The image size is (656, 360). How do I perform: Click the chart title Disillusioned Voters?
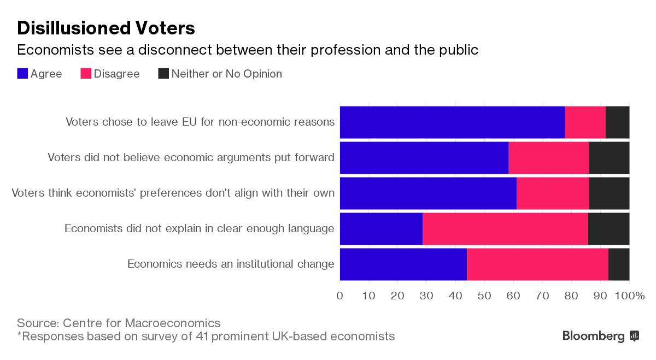click(106, 28)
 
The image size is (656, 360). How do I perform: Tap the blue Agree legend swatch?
click(22, 74)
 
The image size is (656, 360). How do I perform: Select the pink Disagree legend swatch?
click(86, 74)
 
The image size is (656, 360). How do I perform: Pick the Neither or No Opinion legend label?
click(226, 74)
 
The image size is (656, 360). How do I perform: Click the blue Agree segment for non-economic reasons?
click(452, 122)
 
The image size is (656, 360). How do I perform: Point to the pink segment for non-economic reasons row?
click(585, 122)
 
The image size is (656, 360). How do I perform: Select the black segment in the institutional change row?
click(619, 264)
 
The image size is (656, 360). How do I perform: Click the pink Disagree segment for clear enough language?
click(505, 229)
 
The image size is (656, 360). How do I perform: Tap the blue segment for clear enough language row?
click(381, 229)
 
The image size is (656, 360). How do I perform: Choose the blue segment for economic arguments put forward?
click(424, 158)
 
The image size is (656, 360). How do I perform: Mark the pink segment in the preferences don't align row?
click(553, 193)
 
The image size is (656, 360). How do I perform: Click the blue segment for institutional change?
click(403, 264)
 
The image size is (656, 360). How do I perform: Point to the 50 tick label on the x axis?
click(484, 296)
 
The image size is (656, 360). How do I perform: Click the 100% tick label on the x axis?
click(630, 296)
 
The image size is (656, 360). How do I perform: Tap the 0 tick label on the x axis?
click(340, 296)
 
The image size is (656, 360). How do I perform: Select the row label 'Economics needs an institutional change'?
click(231, 264)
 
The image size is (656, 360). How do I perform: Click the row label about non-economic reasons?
click(200, 122)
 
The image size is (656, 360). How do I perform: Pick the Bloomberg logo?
click(600, 336)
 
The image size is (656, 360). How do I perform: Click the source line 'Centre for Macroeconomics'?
click(119, 323)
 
